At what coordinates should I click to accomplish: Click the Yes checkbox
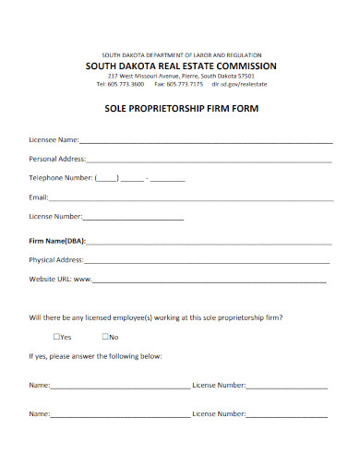coord(57,337)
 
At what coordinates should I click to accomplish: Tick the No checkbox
coord(105,337)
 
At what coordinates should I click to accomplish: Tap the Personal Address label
coord(57,159)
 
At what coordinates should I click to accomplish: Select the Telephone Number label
coord(61,177)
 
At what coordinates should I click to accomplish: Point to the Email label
coord(38,197)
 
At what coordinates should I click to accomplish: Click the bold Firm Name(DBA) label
coord(57,240)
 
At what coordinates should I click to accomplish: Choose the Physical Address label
coord(56,259)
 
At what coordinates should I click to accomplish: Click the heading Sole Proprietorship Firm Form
coord(180,108)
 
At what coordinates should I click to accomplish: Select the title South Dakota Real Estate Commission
coord(180,66)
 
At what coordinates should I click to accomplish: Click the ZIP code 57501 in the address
coord(245,76)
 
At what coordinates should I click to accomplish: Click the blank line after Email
coord(190,198)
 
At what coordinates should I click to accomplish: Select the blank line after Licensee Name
coord(206,142)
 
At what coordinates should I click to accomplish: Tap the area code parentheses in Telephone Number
coord(106,178)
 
